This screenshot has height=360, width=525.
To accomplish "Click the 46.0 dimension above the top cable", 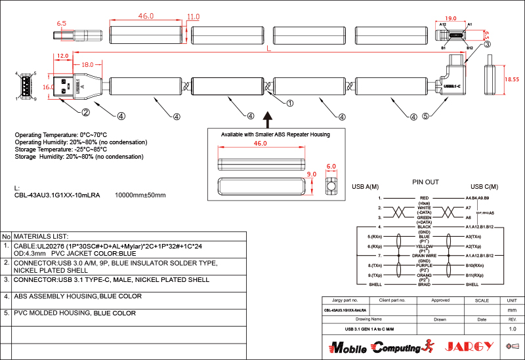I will [146, 15].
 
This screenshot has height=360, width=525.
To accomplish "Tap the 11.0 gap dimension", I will [193, 16].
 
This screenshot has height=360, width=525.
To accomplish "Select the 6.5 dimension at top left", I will [62, 23].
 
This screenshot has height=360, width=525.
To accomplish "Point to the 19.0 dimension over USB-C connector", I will [451, 19].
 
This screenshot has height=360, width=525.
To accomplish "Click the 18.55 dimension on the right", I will [511, 79].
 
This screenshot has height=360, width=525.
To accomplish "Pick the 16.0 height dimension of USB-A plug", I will [48, 86].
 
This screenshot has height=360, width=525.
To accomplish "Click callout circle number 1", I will [290, 102].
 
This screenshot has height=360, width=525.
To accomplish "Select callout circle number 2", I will [85, 112].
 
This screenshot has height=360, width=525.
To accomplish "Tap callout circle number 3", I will [487, 44].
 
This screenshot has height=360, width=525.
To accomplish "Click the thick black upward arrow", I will [267, 119].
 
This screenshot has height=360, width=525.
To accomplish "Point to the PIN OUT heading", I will [425, 182].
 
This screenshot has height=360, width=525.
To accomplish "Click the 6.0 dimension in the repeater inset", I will [331, 167].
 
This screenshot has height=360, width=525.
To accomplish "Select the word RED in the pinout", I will [425, 197].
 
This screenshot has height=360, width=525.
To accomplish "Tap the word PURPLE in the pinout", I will [425, 265].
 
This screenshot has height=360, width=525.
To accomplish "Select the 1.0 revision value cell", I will [513, 328].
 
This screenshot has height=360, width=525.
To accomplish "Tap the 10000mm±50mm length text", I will [140, 195].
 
